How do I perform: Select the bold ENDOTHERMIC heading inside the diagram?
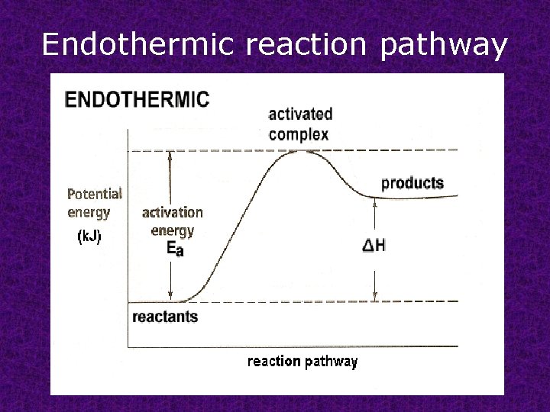[x=137, y=99]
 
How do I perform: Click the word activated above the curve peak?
[x=300, y=114]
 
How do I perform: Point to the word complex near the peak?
[x=299, y=134]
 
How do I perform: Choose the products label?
[x=412, y=183]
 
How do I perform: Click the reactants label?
[x=165, y=317]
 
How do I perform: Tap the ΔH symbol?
[x=374, y=246]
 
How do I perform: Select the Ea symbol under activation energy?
[x=174, y=249]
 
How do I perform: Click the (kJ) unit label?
[x=89, y=237]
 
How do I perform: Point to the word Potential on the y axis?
[x=94, y=194]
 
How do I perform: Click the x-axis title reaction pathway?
[x=302, y=362]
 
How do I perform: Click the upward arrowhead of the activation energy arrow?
[x=172, y=155]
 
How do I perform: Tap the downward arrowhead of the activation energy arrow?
[x=172, y=297]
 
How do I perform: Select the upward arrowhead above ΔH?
[x=374, y=202]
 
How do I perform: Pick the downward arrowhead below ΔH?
[x=374, y=297]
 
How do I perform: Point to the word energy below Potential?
[x=89, y=212]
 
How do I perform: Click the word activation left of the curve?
[x=173, y=212]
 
